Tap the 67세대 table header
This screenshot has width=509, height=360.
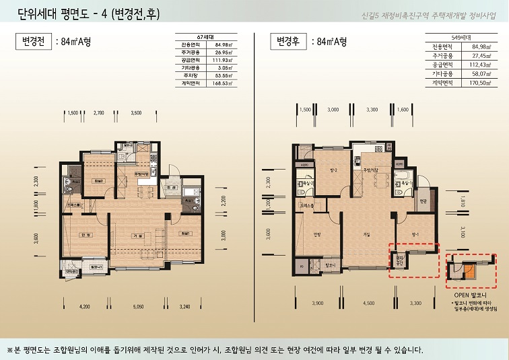[205, 35]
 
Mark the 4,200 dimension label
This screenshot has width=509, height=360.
[84, 305]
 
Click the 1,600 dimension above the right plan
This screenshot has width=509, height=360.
[403, 108]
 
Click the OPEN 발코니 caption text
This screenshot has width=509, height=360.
[469, 295]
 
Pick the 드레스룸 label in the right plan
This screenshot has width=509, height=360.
[308, 206]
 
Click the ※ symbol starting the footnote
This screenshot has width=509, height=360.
[10, 349]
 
